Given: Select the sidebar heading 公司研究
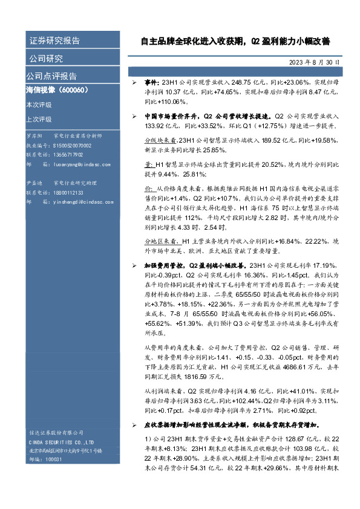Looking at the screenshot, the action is (46, 59).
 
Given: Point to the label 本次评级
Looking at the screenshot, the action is (39, 105).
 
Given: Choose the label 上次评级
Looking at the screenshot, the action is (39, 120).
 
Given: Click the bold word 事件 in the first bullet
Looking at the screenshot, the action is (151, 82).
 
